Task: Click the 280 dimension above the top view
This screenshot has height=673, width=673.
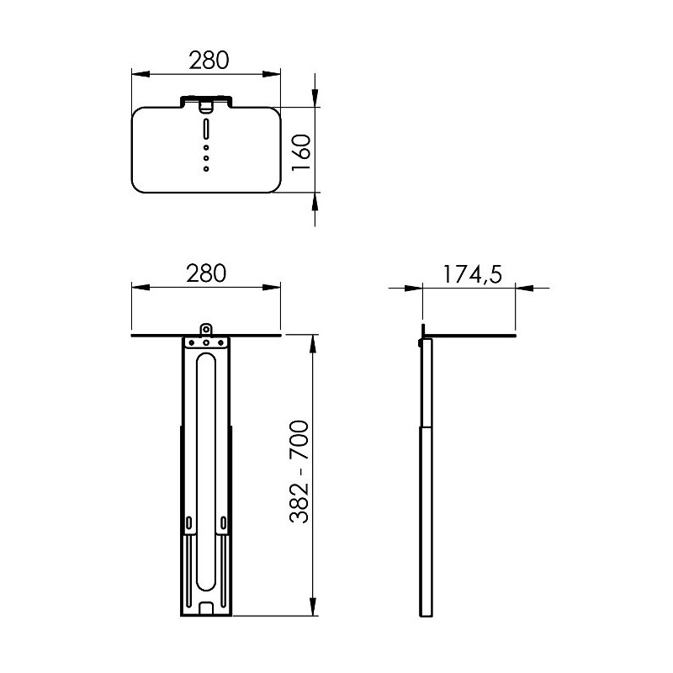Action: pyautogui.click(x=209, y=60)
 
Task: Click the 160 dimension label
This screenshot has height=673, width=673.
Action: pyautogui.click(x=301, y=152)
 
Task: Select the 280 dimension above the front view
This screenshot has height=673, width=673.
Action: pyautogui.click(x=206, y=273)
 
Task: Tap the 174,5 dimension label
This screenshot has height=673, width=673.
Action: pyautogui.click(x=472, y=274)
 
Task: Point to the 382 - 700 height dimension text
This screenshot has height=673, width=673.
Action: pyautogui.click(x=299, y=472)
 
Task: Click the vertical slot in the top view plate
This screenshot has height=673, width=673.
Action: pyautogui.click(x=206, y=129)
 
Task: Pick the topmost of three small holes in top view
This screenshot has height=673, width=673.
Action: pyautogui.click(x=206, y=147)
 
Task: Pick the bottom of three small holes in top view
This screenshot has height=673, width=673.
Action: pyautogui.click(x=206, y=169)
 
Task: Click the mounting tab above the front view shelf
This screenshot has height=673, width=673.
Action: pyautogui.click(x=206, y=330)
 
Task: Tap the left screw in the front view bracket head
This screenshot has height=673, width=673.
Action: pyautogui.click(x=192, y=343)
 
